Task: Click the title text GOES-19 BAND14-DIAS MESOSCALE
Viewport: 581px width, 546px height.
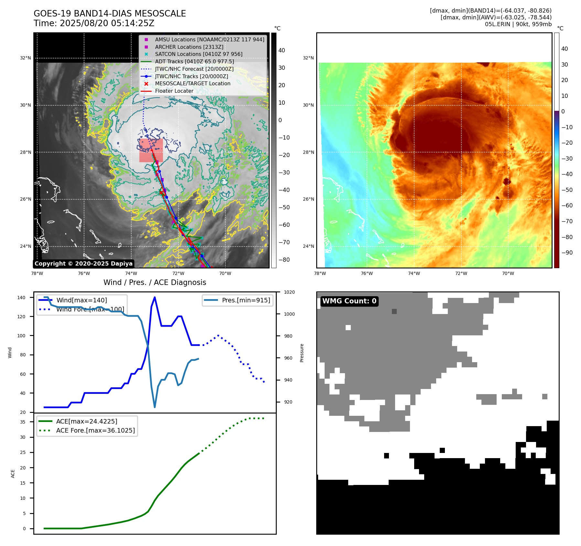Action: point(110,14)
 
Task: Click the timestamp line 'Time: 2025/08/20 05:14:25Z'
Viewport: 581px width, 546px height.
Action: point(94,23)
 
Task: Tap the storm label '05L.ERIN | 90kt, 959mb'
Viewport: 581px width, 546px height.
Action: point(518,24)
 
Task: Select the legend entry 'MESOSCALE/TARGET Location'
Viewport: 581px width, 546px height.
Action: point(192,83)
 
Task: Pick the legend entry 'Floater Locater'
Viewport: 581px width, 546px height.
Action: point(174,91)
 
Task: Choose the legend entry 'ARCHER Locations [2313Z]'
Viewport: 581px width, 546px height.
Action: point(189,47)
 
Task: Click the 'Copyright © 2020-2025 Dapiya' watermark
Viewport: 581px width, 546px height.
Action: point(83,264)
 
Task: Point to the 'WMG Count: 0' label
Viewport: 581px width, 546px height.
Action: point(349,301)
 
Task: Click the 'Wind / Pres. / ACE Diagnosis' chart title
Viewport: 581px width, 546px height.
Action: point(155,282)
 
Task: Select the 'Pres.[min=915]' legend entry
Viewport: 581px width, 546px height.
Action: point(246,300)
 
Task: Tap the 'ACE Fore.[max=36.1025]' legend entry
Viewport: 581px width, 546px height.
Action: point(95,430)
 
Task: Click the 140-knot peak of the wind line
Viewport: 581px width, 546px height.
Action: point(155,297)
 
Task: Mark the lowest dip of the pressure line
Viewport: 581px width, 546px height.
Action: point(155,407)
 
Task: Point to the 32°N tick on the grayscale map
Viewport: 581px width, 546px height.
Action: point(26,58)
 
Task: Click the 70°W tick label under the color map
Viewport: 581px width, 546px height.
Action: point(508,273)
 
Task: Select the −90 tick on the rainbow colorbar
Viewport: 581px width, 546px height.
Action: point(567,253)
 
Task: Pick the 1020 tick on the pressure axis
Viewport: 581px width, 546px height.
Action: point(289,292)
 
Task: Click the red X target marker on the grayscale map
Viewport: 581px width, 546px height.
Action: point(161,193)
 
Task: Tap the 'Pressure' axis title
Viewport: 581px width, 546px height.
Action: point(302,353)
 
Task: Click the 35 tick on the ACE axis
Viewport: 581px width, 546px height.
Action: point(23,422)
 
